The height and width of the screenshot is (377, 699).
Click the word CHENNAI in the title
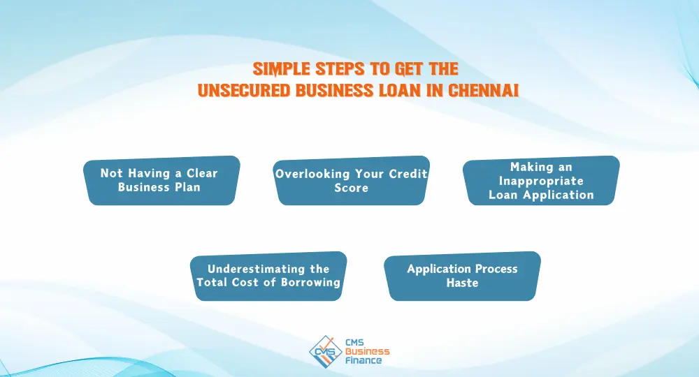[483, 90]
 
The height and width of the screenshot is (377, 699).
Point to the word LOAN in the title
[400, 90]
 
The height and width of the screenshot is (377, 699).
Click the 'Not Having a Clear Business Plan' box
[161, 180]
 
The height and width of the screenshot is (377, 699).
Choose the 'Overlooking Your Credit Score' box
[352, 180]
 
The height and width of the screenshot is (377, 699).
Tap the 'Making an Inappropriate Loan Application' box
[541, 180]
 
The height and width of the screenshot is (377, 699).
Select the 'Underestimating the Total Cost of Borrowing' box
[268, 276]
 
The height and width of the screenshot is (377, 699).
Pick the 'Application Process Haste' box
[462, 276]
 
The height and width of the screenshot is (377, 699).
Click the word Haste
[462, 283]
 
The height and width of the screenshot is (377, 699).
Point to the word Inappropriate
[541, 181]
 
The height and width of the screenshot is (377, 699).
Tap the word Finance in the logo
[363, 360]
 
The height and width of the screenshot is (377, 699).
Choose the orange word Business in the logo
[368, 351]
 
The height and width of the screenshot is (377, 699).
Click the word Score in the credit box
[352, 187]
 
